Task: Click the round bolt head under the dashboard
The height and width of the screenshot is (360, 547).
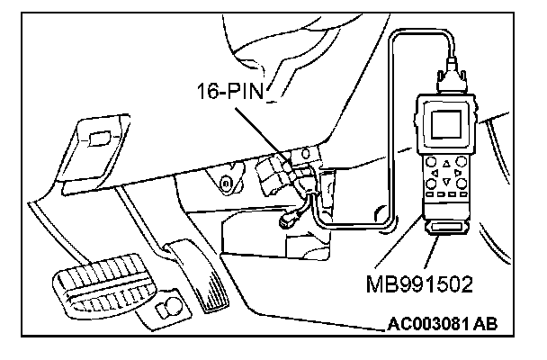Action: [226, 184]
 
